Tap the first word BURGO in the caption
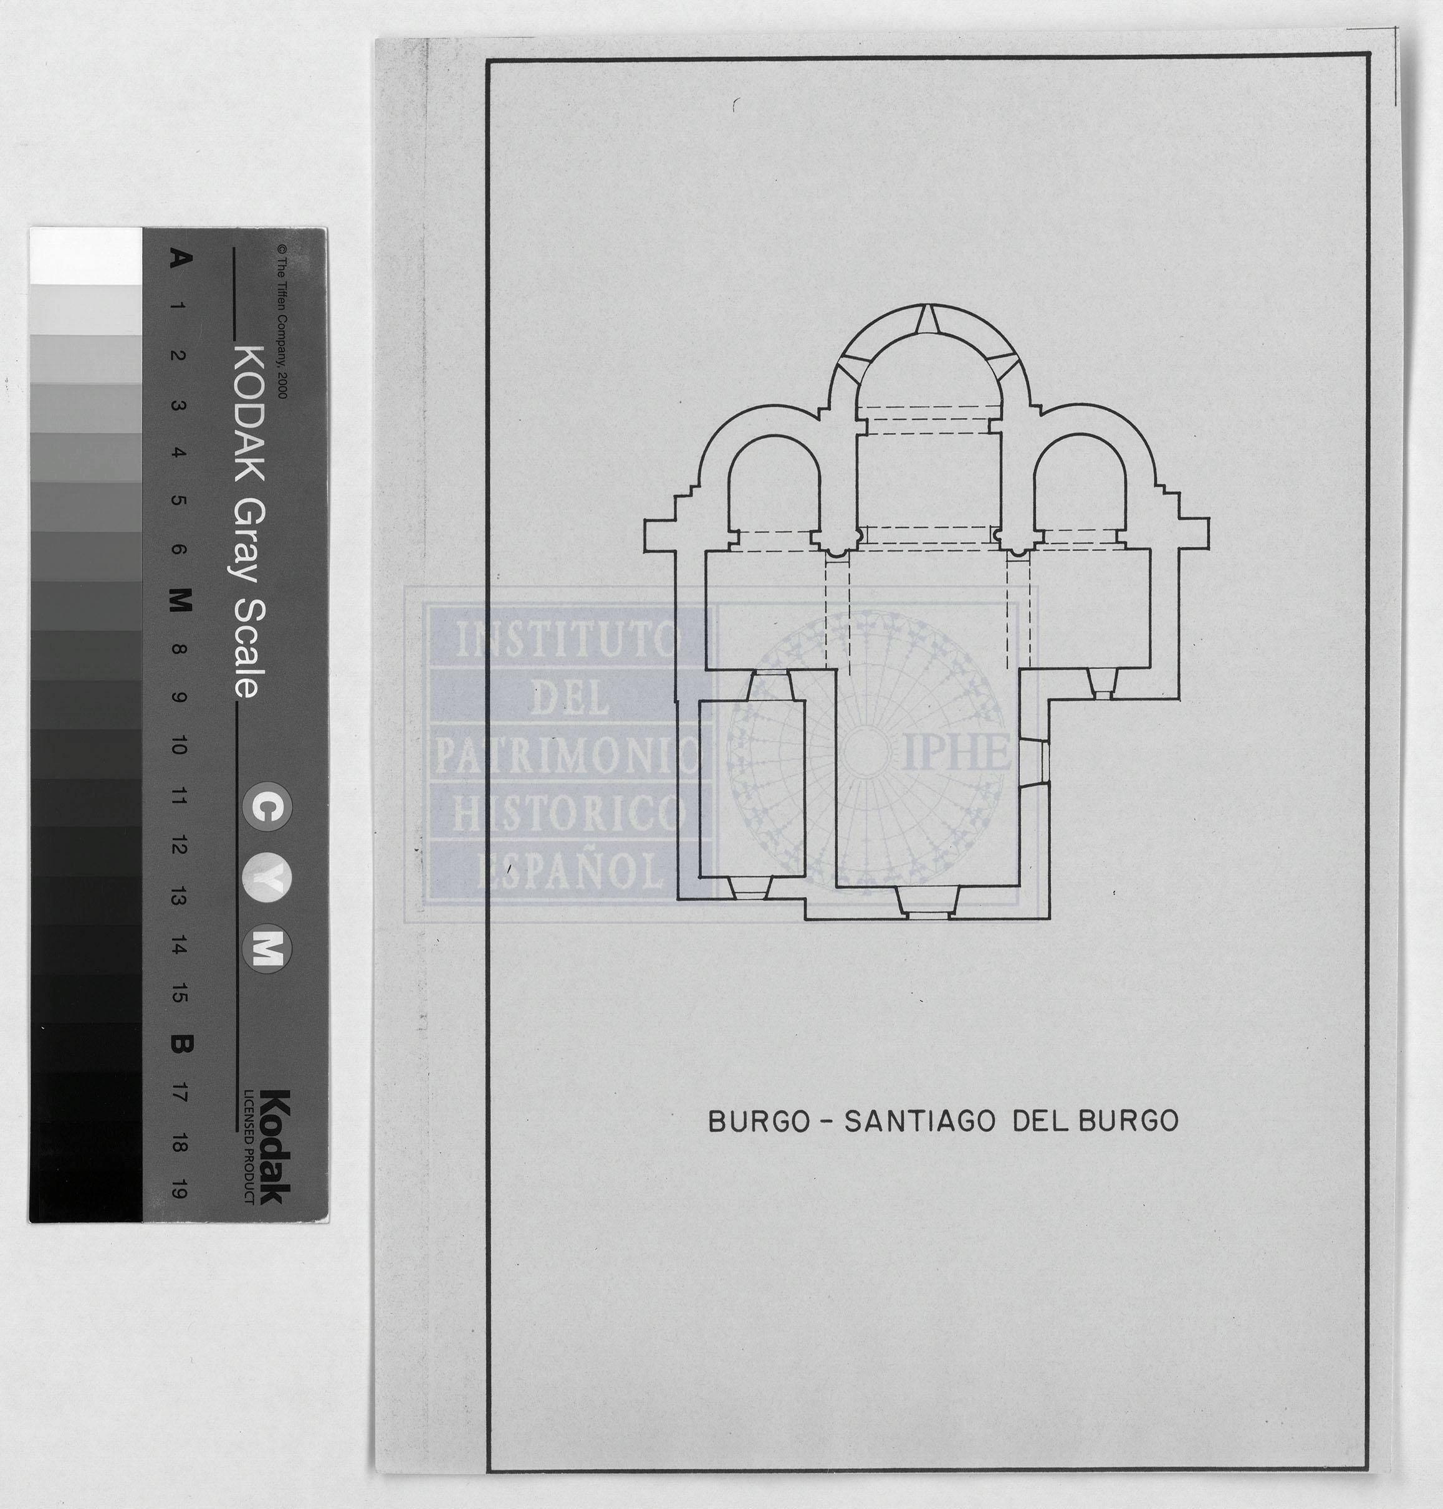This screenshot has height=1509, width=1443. (x=759, y=1121)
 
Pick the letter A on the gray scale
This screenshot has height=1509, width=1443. (x=178, y=259)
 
